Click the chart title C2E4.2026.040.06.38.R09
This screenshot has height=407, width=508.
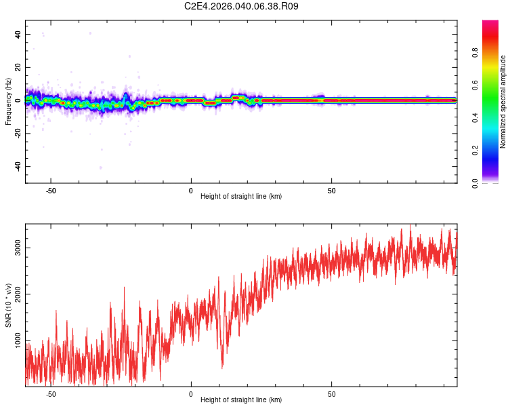pyautogui.click(x=242, y=6)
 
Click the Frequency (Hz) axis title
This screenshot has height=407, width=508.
pyautogui.click(x=8, y=101)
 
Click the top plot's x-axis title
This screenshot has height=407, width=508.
pyautogui.click(x=241, y=196)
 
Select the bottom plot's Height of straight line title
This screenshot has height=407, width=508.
pyautogui.click(x=241, y=400)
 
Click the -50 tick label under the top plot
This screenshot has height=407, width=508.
pyautogui.click(x=51, y=190)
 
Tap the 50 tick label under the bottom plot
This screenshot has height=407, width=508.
pyautogui.click(x=332, y=393)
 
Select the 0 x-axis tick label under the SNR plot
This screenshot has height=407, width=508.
pyautogui.click(x=191, y=393)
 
